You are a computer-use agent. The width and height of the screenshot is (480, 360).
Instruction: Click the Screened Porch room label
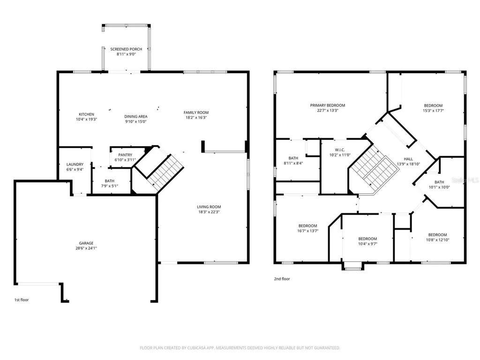(x=126, y=49)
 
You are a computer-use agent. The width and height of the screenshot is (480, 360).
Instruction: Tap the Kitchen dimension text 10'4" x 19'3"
(x=86, y=120)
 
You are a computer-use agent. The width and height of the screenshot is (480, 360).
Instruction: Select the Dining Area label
(x=135, y=116)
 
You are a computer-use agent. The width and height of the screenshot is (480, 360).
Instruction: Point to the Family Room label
(x=196, y=112)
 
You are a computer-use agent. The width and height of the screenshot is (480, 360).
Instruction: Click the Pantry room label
(x=125, y=155)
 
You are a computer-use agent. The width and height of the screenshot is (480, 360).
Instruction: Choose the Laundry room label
(x=75, y=165)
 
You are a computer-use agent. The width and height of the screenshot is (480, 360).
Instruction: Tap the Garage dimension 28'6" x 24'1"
(x=86, y=248)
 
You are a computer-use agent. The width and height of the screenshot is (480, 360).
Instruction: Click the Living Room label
(x=209, y=207)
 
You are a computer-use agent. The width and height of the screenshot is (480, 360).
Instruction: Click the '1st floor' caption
(x=22, y=300)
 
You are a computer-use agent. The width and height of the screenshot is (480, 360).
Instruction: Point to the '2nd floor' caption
(x=282, y=279)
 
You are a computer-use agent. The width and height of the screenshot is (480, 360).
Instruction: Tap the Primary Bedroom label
(x=328, y=105)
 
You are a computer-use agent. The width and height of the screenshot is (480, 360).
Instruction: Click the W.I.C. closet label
(x=340, y=150)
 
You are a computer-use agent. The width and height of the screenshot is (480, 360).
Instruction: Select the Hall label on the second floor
(x=408, y=159)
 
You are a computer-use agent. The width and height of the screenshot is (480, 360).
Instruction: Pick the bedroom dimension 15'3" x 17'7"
(x=434, y=111)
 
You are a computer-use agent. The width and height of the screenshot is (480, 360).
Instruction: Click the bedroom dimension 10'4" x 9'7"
(x=367, y=244)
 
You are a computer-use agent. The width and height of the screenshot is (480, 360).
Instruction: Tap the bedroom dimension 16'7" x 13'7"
(x=307, y=231)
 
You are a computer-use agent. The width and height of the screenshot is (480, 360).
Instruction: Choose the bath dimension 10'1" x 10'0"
(x=439, y=187)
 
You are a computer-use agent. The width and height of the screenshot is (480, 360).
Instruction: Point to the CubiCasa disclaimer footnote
(x=240, y=348)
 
